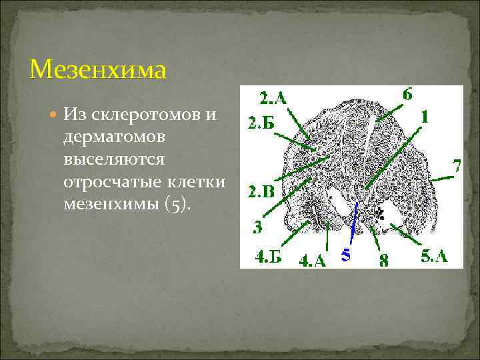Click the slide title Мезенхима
[x=97, y=69]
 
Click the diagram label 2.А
[x=273, y=99]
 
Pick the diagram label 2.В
[x=261, y=192]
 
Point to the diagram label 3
[x=257, y=227]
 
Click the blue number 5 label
[x=345, y=255]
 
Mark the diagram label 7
[x=456, y=166]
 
